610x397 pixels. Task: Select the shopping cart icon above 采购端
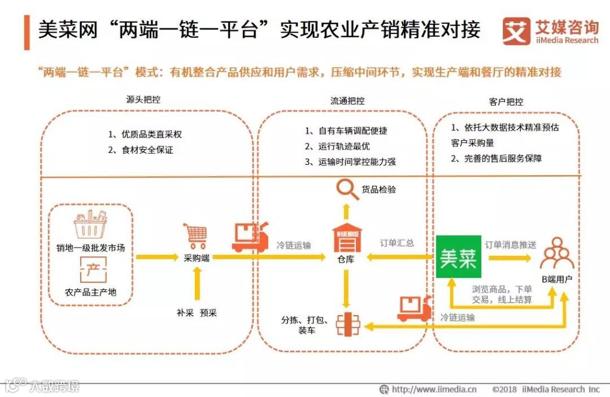coord(195,236)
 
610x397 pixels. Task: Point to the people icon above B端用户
coord(556,254)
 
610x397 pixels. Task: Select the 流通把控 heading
coord(347,101)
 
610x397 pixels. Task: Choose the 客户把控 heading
coord(506,102)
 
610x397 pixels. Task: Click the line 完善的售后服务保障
coord(496,159)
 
